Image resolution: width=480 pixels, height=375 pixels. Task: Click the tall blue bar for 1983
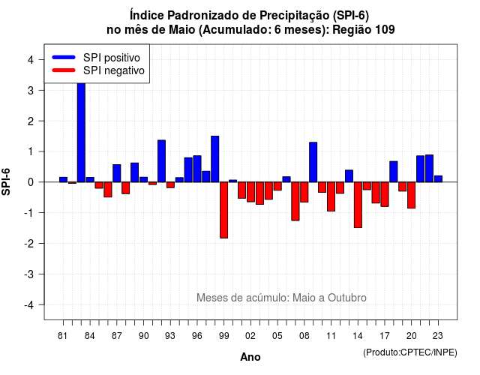coord(81,132)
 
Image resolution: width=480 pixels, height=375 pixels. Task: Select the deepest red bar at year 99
coord(223,210)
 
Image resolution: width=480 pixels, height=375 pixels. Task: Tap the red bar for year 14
coord(358,205)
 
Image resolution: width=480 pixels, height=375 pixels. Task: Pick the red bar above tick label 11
coord(331,196)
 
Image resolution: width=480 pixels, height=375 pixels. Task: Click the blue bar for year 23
coord(438,178)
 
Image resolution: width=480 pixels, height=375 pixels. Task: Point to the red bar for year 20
coord(411,195)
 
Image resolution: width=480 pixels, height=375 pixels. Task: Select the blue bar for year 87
coord(117,173)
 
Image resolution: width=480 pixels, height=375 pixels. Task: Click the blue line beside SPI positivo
coord(64,57)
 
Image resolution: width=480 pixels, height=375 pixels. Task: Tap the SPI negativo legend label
coord(114,70)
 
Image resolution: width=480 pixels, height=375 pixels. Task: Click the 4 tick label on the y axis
coord(31,60)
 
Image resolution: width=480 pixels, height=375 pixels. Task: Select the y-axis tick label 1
coord(31,151)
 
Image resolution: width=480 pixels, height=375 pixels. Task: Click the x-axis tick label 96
coord(196,336)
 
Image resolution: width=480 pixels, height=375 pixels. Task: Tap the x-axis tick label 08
coord(304,336)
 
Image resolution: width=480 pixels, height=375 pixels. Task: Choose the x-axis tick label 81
coord(62,336)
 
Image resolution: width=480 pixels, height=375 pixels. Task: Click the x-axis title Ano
coord(250,357)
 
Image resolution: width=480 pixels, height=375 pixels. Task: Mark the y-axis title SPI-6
coord(6,181)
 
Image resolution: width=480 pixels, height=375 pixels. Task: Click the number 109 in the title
coord(384,30)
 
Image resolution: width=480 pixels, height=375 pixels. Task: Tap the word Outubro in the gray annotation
coord(347,298)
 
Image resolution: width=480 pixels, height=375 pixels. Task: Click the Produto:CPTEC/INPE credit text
coord(410,352)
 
